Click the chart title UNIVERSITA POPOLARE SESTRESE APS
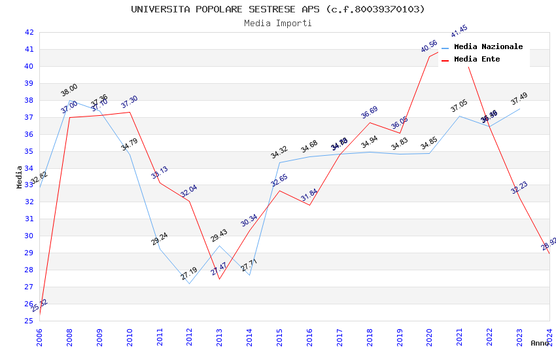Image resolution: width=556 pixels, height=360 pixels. coord(277,9)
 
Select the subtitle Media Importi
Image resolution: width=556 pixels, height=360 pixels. coord(277,23)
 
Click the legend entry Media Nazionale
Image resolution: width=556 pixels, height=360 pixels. coord(488,46)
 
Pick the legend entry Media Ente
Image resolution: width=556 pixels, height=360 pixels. coord(477,59)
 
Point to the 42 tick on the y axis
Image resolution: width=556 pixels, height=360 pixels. coord(29,32)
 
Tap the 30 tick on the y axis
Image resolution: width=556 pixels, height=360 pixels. coord(29,236)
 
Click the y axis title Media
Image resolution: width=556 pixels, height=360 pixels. coord(20,177)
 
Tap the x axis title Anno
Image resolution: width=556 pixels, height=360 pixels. coord(540,343)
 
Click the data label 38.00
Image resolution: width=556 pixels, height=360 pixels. coord(69,90)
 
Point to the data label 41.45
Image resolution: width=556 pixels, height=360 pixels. coord(459,31)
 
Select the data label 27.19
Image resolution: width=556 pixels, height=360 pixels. coord(189,274)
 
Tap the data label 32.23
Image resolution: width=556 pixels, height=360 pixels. coord(519,187)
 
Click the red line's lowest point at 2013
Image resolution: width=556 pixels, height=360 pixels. coord(219,279)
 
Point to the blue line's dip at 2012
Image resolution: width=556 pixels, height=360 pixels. coord(189,283)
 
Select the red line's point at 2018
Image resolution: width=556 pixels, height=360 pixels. coord(370,122)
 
